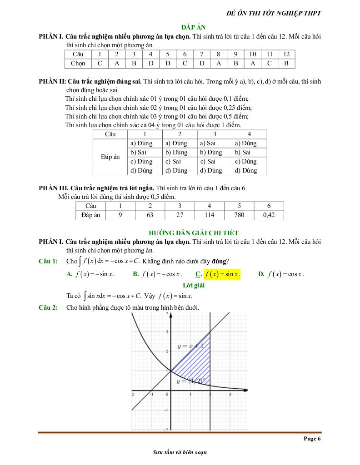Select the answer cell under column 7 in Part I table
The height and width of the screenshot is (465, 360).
tap(201, 64)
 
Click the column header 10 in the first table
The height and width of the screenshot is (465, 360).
tap(253, 54)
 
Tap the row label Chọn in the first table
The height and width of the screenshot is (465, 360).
tap(78, 64)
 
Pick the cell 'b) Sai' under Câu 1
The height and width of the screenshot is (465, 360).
tap(139, 153)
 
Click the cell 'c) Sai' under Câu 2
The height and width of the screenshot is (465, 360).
tap(173, 162)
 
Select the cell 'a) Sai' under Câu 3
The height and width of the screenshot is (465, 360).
tap(208, 143)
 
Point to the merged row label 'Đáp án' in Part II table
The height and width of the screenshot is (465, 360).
tap(110, 157)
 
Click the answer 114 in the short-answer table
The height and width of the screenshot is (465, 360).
tap(209, 215)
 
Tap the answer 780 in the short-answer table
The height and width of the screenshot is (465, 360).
tap(239, 215)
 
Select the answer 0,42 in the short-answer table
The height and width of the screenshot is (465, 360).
tap(269, 215)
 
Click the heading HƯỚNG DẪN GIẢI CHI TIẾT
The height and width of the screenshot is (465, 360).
tap(194, 233)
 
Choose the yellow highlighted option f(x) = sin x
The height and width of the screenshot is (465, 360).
tap(222, 274)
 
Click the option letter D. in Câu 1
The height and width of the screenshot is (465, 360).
tap(261, 274)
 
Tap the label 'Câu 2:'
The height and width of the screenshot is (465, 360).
tap(48, 308)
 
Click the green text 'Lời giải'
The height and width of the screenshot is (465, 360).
tap(194, 286)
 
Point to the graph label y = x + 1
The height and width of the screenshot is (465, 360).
tap(190, 346)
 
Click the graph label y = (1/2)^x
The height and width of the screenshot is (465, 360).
tap(190, 381)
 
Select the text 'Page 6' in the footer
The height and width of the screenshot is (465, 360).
tap(312, 439)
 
